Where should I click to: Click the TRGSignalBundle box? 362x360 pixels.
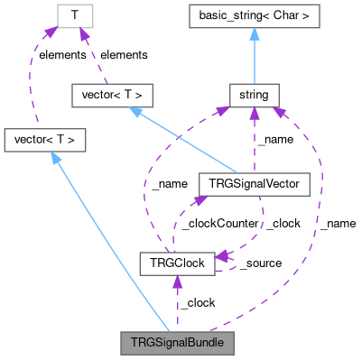pyautogui.click(x=177, y=343)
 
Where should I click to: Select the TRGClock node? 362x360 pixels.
pyautogui.click(x=177, y=263)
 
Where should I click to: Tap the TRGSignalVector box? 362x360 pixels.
pyautogui.click(x=254, y=184)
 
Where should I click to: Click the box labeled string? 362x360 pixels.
pyautogui.click(x=254, y=94)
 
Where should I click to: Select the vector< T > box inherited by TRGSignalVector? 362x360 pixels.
pyautogui.click(x=111, y=94)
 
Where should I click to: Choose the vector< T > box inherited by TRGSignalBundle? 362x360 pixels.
pyautogui.click(x=45, y=140)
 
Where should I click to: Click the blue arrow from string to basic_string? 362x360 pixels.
pyautogui.click(x=254, y=54)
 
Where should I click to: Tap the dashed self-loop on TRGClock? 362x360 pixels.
pyautogui.click(x=234, y=263)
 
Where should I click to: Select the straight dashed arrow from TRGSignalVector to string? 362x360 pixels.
pyautogui.click(x=254, y=140)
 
